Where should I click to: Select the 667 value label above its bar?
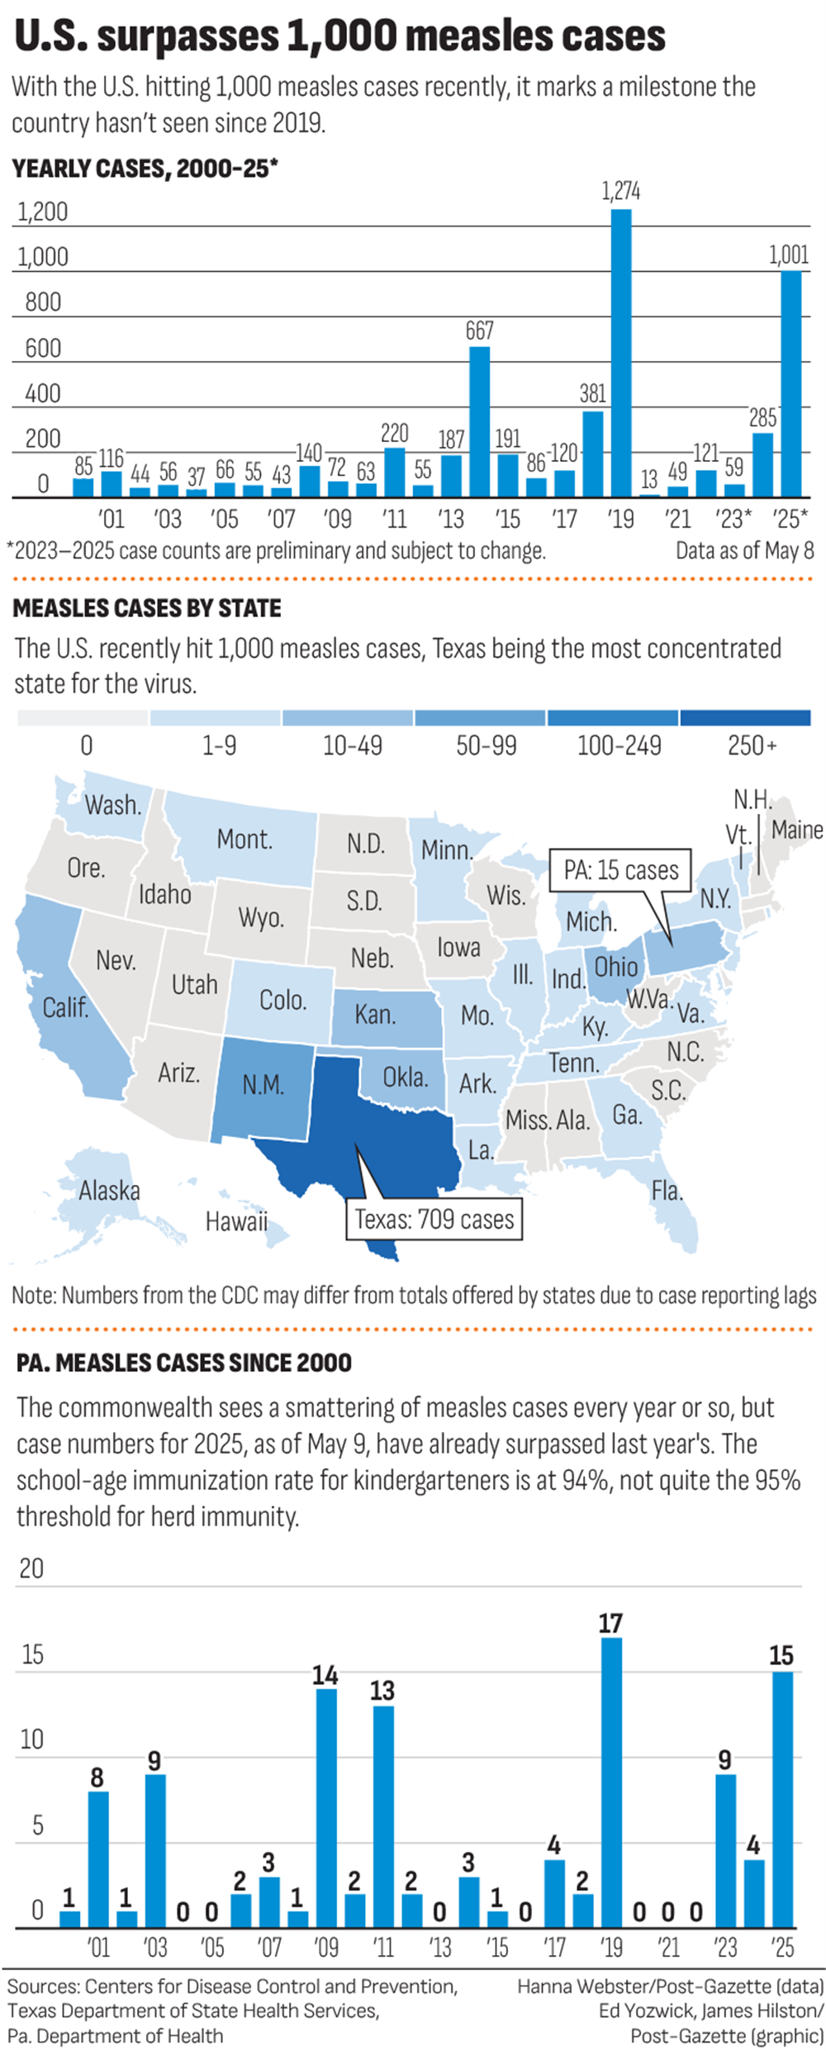(x=479, y=331)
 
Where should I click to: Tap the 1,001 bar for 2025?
(x=790, y=383)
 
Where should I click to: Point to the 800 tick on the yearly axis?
(x=43, y=302)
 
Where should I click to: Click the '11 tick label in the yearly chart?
(x=395, y=519)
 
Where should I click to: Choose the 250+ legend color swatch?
(x=745, y=717)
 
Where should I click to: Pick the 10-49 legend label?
(x=352, y=746)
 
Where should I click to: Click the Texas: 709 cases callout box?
(x=434, y=1220)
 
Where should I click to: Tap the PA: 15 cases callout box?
(x=620, y=870)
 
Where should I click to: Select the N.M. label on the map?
(x=263, y=1084)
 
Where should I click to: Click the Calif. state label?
(x=65, y=1007)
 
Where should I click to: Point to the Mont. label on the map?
(x=244, y=840)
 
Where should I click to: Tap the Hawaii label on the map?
(x=236, y=1221)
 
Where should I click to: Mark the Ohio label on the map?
(x=616, y=967)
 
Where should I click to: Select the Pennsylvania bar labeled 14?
(x=326, y=1809)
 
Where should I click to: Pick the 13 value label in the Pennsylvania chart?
(x=382, y=1690)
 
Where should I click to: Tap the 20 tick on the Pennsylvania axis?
(x=31, y=1568)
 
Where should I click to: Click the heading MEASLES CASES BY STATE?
(x=147, y=609)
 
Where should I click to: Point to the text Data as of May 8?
(x=744, y=550)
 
